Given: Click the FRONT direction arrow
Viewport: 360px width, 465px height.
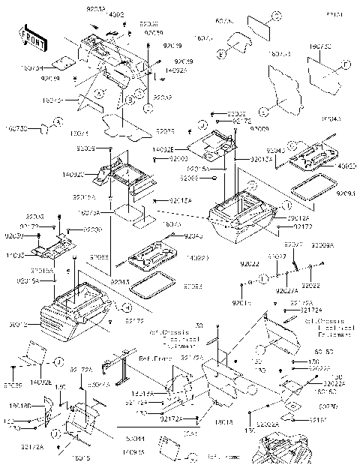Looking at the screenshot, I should point(29,37).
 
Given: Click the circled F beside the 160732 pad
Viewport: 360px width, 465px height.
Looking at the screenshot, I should point(346,67).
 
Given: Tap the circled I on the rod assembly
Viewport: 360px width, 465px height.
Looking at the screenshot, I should point(264,279).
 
